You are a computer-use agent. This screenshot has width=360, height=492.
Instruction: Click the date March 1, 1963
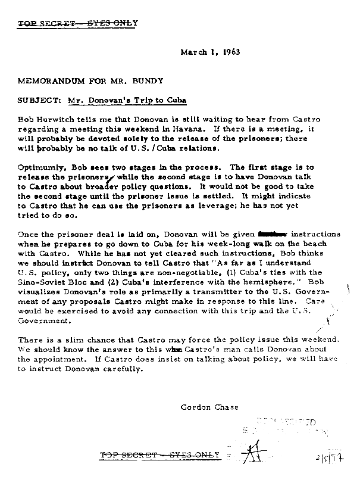(210, 52)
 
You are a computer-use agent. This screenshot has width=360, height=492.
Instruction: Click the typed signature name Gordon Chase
(209, 407)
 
